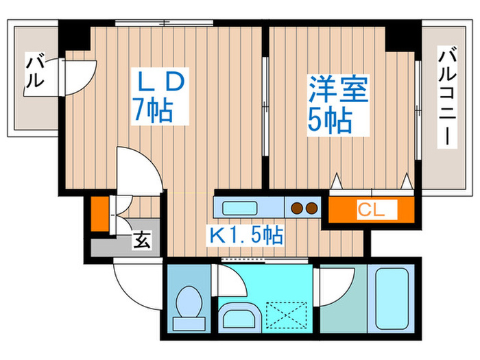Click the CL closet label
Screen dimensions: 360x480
coord(371,208)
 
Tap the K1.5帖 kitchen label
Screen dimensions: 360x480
coord(246,236)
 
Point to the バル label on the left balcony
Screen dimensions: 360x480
coord(34,71)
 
